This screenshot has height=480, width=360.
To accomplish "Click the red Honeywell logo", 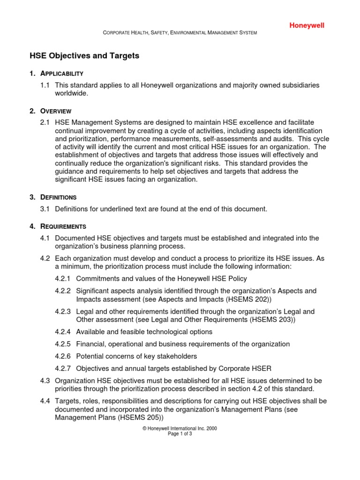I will coord(306,25).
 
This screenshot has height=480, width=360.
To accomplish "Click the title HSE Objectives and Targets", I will coord(84,56).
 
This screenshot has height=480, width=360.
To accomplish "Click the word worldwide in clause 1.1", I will coord(71,93).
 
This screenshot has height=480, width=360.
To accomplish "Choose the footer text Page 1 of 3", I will coord(180,434).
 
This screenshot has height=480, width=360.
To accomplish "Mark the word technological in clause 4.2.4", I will coord(165,332).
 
